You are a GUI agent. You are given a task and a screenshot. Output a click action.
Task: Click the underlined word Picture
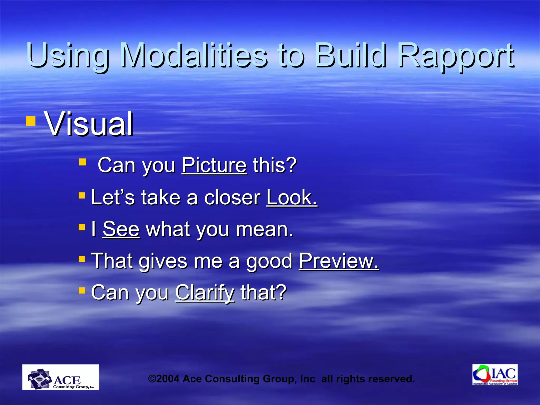pyautogui.click(x=214, y=165)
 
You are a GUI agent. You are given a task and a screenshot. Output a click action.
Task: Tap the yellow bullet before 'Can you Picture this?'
pyautogui.click(x=83, y=162)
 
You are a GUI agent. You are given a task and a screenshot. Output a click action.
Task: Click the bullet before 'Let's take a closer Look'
pyautogui.click(x=82, y=195)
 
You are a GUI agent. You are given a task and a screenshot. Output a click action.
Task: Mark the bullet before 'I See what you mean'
pyautogui.click(x=82, y=227)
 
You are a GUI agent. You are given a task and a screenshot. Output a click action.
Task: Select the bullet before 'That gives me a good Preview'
pyautogui.click(x=82, y=259)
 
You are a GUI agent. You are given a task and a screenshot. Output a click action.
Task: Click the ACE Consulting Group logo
pyautogui.click(x=61, y=377)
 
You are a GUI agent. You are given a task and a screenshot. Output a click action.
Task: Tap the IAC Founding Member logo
pyautogui.click(x=495, y=375)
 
